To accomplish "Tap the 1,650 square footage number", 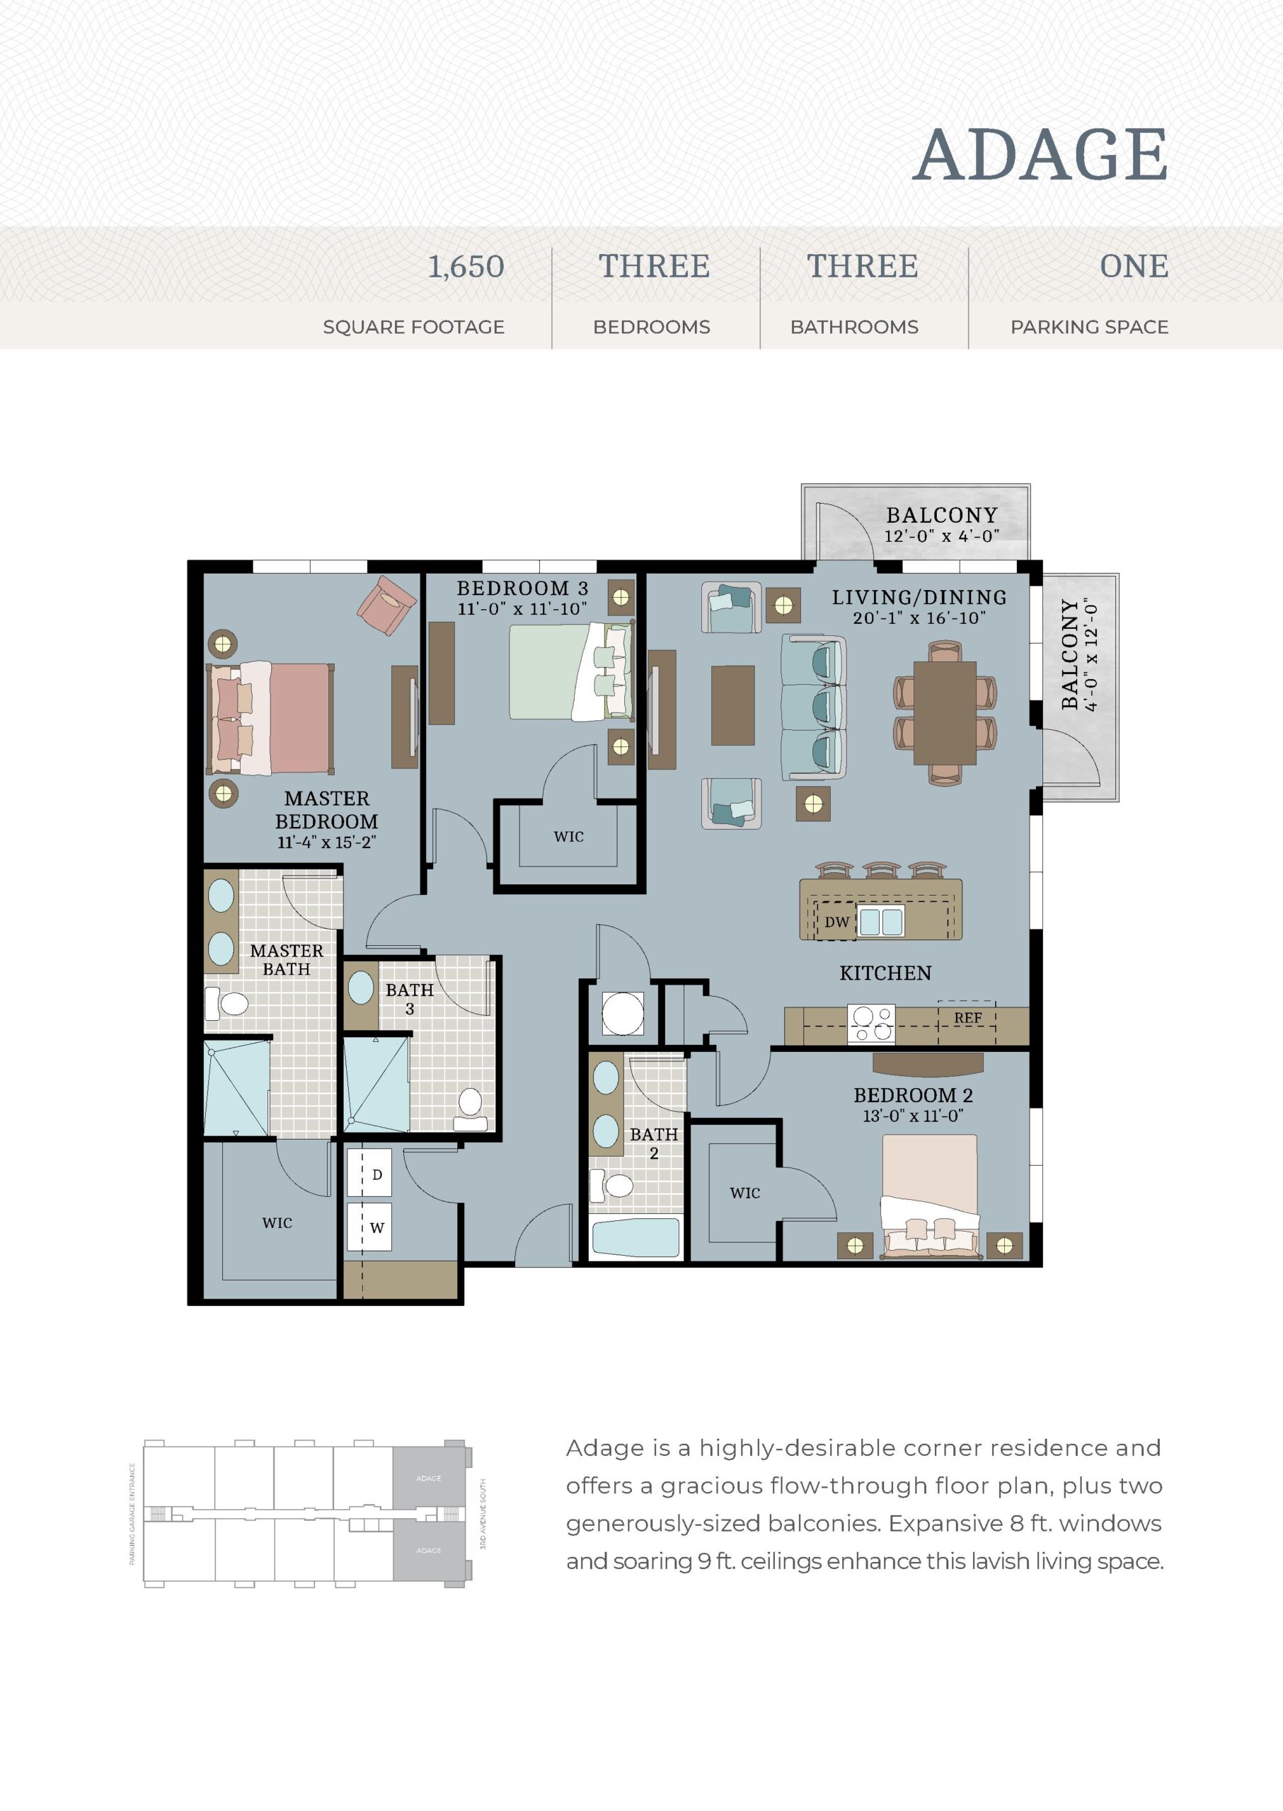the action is [466, 267].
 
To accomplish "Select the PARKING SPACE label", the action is [1089, 327].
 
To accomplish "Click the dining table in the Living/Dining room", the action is [945, 713].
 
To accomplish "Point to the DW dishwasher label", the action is [836, 922].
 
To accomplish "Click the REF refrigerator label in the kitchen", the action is [968, 1018].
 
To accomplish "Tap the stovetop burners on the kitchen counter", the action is [871, 1024].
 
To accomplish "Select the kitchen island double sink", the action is [881, 922].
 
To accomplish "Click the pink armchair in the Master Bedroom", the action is [386, 606].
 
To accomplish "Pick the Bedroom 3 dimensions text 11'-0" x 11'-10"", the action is [522, 609].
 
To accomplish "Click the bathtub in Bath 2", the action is [635, 1237].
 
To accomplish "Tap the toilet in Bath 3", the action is [470, 1108].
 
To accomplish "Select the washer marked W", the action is [369, 1227].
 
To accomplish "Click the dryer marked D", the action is [369, 1174].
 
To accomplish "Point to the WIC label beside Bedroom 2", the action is [745, 1193].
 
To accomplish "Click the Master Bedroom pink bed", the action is [270, 718].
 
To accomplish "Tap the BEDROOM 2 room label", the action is [914, 1096].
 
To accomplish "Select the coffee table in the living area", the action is [732, 705].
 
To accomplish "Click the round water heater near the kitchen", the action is [623, 1012].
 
